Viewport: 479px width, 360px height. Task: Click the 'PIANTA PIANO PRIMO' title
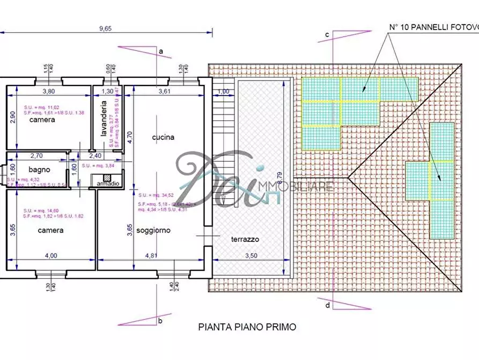247,326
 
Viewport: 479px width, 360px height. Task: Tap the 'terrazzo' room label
246,240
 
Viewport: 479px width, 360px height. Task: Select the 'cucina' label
163,137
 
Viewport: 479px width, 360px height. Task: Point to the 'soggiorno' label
153,230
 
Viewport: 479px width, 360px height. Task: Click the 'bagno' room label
40,169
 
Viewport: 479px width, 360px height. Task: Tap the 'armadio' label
108,184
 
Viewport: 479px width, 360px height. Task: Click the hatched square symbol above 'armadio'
107,177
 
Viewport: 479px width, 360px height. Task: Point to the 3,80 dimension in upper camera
49,91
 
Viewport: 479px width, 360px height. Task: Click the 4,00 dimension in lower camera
51,256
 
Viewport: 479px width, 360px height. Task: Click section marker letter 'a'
160,51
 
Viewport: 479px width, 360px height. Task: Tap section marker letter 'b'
160,321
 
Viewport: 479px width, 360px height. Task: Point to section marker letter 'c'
326,35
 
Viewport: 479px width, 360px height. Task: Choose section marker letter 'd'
327,306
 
